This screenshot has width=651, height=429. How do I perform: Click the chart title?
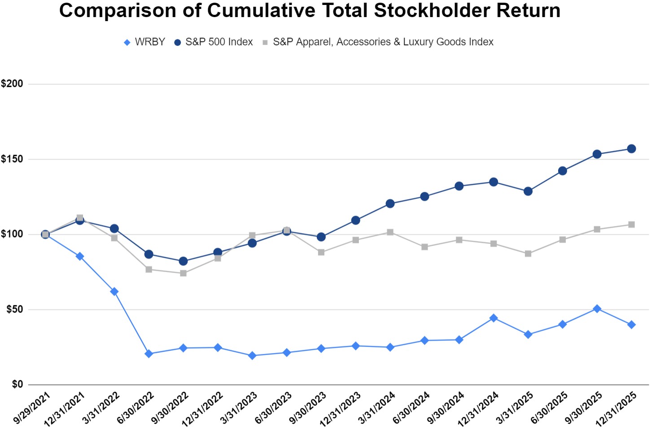310,11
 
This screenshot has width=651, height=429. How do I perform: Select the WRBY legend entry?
145,42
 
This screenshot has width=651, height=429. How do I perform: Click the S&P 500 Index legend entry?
214,42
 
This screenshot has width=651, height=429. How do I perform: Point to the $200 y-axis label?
12,84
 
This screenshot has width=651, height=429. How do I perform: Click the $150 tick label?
12,159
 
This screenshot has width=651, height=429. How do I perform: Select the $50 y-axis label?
14,310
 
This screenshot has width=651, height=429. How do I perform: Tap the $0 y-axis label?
17,385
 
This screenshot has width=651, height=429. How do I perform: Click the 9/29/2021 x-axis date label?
31,408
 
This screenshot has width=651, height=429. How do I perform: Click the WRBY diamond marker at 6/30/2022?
149,354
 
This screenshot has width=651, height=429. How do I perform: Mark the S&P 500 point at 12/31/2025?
631,149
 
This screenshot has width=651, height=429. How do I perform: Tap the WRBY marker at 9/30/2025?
597,309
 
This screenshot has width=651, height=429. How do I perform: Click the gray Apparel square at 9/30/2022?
184,273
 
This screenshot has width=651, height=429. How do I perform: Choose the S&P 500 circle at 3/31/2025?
528,191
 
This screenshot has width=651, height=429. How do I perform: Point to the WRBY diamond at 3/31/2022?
114,292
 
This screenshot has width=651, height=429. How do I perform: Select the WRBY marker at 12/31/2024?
494,318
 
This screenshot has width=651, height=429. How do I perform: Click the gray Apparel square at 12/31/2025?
631,225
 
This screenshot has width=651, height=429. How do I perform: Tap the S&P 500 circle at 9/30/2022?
183,261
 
